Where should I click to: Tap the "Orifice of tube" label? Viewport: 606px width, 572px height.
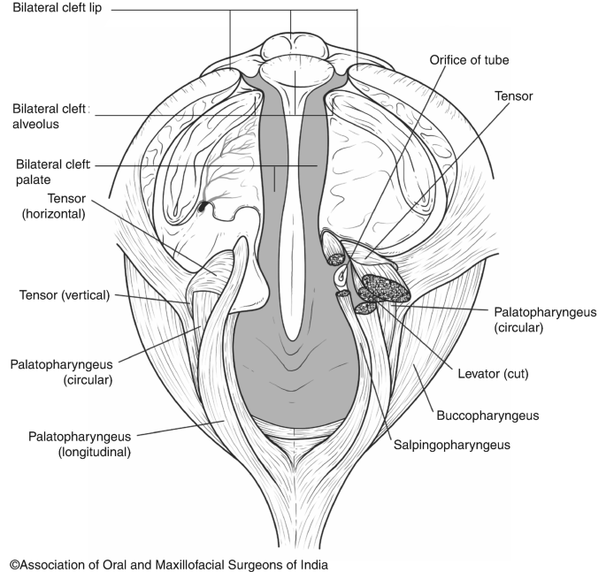469,60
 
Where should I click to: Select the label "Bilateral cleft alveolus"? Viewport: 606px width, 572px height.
48,116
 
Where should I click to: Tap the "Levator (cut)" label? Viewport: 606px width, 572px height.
492,373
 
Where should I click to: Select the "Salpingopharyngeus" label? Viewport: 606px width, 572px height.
451,445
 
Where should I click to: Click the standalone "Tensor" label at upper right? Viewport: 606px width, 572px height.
513,95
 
